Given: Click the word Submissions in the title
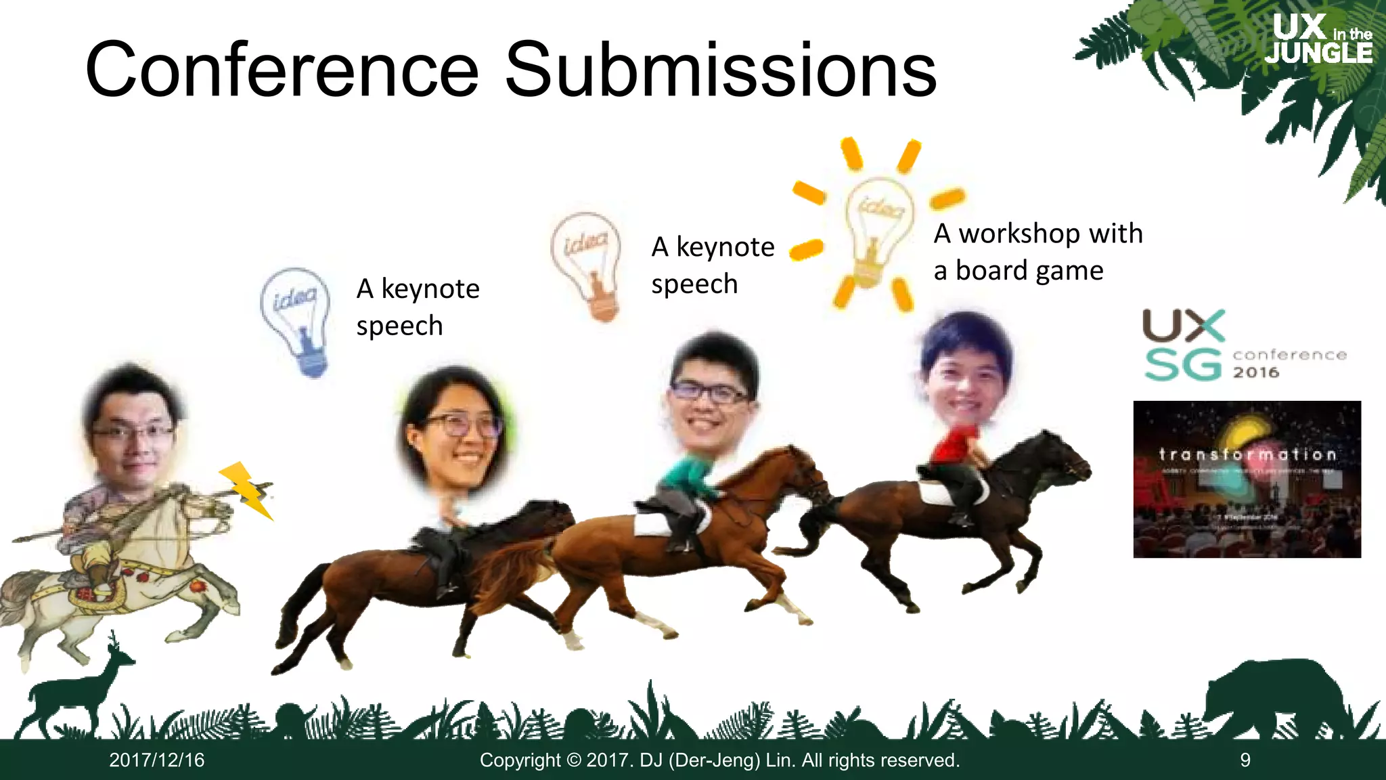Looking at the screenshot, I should [721, 70].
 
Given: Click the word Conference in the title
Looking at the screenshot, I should [282, 70].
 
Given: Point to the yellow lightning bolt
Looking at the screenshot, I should [246, 489].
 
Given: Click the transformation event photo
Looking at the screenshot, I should [1247, 479].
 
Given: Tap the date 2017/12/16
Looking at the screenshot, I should [156, 760].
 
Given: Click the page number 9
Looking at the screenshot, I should [1245, 760].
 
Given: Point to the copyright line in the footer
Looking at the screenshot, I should [719, 760].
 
